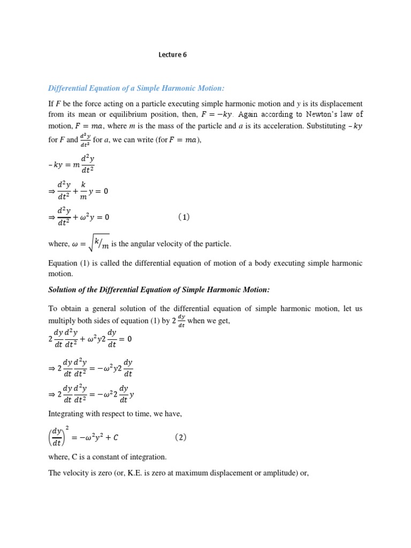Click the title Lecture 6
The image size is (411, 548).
(173, 55)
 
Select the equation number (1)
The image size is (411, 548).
(184, 217)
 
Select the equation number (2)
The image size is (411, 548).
(180, 437)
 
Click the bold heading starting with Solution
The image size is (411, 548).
(159, 290)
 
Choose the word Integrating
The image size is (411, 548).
(68, 414)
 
